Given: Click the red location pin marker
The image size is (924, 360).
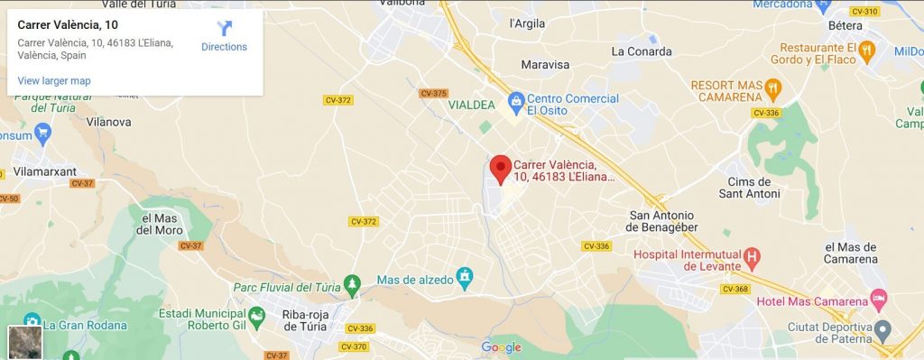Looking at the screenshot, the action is pyautogui.click(x=500, y=169).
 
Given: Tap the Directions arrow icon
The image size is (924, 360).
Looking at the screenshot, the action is pyautogui.click(x=225, y=29).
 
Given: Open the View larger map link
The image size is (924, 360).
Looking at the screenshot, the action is pyautogui.click(x=54, y=81).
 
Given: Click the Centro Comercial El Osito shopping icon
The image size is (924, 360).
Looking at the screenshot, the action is pyautogui.click(x=515, y=98).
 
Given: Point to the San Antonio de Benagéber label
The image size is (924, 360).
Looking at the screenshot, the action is pyautogui.click(x=661, y=221).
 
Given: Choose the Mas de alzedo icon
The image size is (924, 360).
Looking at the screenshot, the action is pyautogui.click(x=464, y=274).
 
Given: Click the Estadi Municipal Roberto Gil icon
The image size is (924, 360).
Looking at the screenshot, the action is pyautogui.click(x=257, y=314).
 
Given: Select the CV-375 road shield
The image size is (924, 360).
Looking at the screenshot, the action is pyautogui.click(x=434, y=94).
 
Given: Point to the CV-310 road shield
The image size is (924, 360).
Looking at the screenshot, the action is pyautogui.click(x=864, y=12).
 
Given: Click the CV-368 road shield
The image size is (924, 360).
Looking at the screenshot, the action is pyautogui.click(x=735, y=289).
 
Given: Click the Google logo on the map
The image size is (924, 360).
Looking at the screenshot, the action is pyautogui.click(x=501, y=347).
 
